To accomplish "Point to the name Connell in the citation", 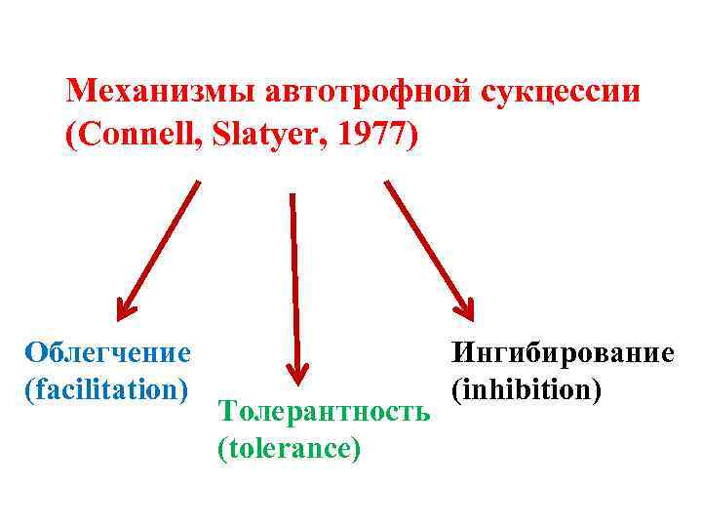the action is point(129,136).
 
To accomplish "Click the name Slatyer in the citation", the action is point(262,136).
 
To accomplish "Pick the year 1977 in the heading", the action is point(371,136).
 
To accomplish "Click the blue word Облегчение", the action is point(108,350).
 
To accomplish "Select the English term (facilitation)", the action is point(108,387).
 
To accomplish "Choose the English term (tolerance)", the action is point(290,448).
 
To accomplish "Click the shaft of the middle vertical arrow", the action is point(293,283).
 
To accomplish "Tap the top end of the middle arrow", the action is point(292,194).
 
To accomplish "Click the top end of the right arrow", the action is point(388,182).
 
